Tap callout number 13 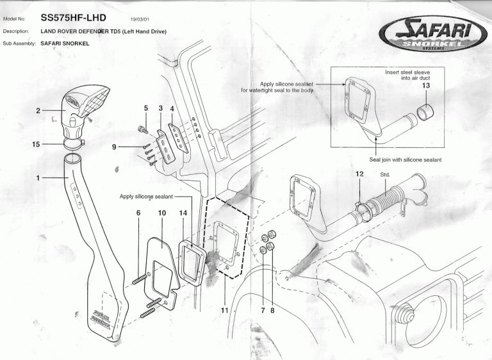coord(425,85)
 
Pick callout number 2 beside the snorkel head coord(38,110)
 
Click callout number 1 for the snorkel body coord(38,176)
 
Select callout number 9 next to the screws coord(115,147)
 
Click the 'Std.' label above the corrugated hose coord(385,174)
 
